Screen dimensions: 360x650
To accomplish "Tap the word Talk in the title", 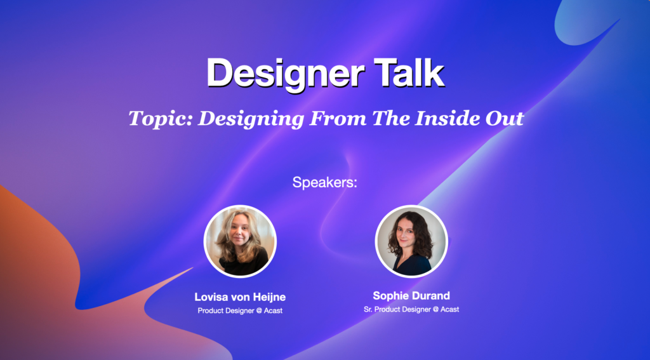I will tap(408, 73).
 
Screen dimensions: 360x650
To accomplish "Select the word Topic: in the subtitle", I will tap(160, 118).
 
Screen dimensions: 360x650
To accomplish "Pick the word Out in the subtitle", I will tap(508, 118).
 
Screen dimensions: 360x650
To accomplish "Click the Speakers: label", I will tap(325, 183).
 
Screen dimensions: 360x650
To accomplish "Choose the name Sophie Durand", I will tap(411, 296).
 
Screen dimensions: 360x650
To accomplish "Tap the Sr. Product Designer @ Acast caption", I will tap(411, 309).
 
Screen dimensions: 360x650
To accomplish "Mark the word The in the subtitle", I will tap(390, 118).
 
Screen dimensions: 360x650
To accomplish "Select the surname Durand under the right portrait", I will tap(430, 296).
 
